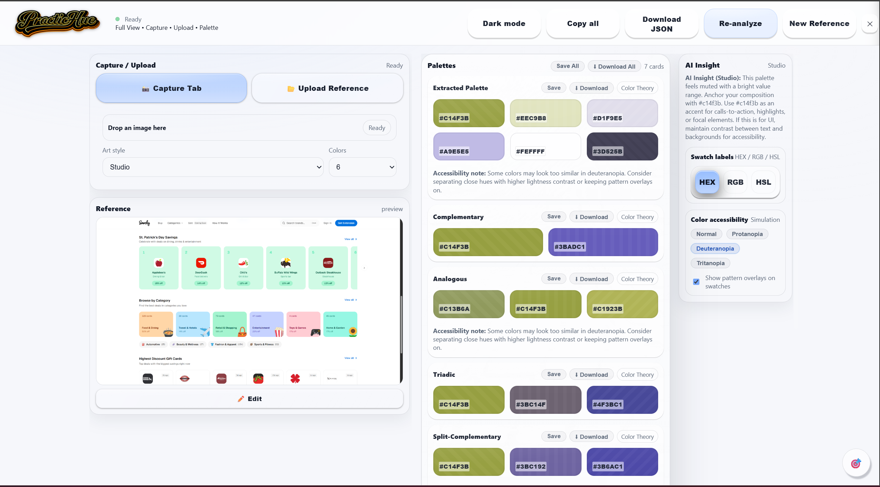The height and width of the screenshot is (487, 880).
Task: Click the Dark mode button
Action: (x=504, y=24)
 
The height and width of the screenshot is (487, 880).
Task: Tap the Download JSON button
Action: (x=661, y=24)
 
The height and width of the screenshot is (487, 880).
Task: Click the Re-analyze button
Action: (x=740, y=24)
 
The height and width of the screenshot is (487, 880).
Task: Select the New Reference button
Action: (x=819, y=24)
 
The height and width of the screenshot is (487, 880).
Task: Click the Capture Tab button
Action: (x=171, y=88)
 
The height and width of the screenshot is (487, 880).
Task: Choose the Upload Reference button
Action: (x=328, y=88)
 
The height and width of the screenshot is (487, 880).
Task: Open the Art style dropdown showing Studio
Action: (x=213, y=167)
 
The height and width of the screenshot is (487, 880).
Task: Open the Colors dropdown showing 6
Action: (x=362, y=167)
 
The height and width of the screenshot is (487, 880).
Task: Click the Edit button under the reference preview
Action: (x=250, y=399)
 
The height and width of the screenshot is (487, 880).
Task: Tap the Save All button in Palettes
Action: (x=567, y=66)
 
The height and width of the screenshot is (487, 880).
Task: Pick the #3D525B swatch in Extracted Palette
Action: (x=622, y=146)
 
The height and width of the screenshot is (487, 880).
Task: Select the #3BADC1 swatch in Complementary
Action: (x=603, y=242)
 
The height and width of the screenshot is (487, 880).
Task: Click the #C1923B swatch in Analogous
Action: (x=622, y=304)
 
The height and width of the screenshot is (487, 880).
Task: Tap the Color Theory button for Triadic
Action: (x=637, y=375)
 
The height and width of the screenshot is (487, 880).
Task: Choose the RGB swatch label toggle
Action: (x=735, y=182)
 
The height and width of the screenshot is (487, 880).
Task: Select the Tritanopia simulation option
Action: (x=710, y=263)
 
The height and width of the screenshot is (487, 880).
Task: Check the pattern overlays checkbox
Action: (x=696, y=282)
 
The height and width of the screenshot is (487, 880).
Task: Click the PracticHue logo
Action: (x=57, y=23)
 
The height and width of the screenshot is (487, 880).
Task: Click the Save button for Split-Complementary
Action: (x=554, y=436)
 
